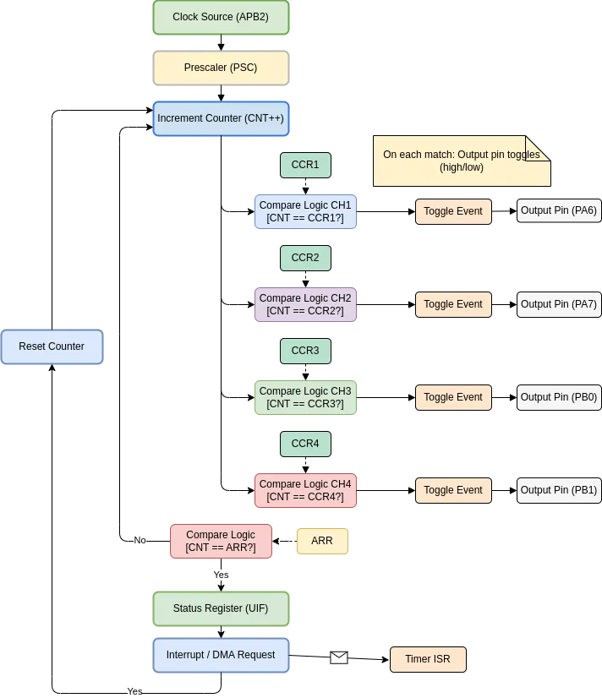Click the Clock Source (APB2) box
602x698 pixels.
point(221,17)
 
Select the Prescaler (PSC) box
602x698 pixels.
point(221,68)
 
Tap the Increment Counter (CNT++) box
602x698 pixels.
point(221,118)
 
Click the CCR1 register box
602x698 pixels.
point(305,165)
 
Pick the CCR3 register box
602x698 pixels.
point(305,351)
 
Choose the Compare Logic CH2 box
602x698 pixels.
point(305,304)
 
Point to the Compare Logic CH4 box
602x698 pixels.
point(305,490)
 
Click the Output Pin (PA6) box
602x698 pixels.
point(559,210)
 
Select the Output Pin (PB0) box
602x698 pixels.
point(559,397)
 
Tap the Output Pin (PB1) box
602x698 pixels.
point(559,490)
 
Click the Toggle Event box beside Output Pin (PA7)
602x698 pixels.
point(453,304)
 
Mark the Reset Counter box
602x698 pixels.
point(52,346)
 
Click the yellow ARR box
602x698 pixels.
point(322,541)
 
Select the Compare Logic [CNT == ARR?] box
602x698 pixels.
point(221,541)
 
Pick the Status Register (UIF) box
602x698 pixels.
point(221,608)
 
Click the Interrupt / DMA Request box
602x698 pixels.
point(221,655)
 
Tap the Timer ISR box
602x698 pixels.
point(428,659)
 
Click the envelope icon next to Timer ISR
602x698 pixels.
point(339,657)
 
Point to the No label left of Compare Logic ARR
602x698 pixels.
point(140,541)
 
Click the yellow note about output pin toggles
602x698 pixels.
point(462,161)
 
